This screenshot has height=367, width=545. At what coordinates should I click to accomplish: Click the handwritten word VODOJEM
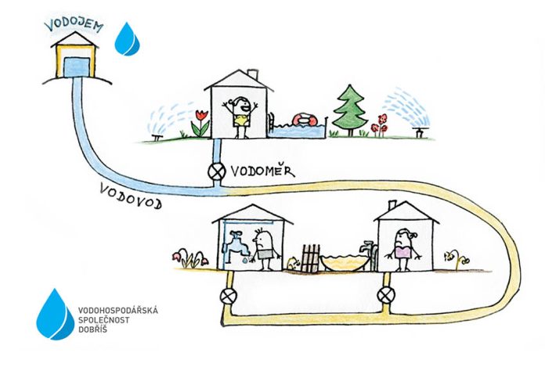tap(74, 25)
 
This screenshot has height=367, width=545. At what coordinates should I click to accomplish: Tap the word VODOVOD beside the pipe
tap(131, 196)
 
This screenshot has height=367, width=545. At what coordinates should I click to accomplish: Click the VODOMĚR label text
tap(263, 171)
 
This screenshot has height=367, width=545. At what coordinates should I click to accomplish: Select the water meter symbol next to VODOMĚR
tap(217, 171)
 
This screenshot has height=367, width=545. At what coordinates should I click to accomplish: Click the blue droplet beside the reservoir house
tap(127, 39)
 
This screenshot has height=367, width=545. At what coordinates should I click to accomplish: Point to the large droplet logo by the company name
tap(55, 315)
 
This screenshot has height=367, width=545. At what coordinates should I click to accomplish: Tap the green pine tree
tap(350, 110)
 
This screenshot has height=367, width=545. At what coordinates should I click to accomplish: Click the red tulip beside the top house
tap(201, 123)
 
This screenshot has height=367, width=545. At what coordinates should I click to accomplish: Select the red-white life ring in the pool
tap(305, 120)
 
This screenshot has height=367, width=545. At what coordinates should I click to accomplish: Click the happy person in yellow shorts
tap(240, 117)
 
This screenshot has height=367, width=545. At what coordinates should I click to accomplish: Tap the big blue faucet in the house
tap(236, 244)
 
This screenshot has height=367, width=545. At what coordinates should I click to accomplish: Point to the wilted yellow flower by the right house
tap(457, 259)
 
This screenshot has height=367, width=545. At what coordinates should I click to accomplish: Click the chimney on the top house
tap(253, 74)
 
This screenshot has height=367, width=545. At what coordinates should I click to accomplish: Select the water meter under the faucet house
tap(229, 296)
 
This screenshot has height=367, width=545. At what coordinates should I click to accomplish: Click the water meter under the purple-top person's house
tap(386, 296)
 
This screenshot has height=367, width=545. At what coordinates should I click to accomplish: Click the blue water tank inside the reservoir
tap(77, 67)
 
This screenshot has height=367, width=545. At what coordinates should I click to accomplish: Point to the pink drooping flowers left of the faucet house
tap(190, 258)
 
